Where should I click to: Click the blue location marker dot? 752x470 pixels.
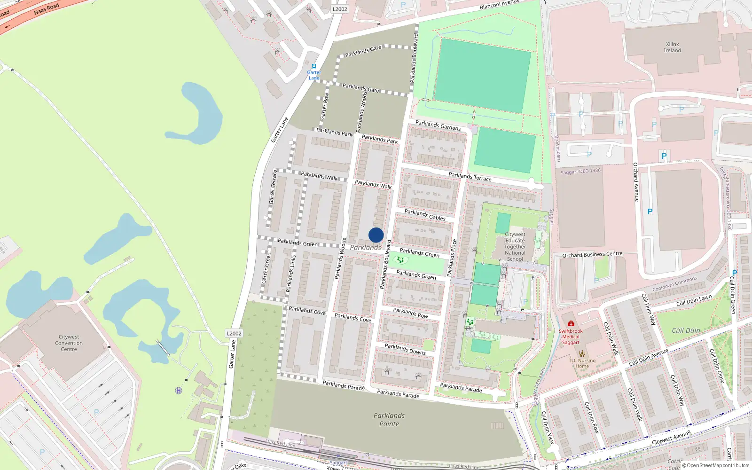376,235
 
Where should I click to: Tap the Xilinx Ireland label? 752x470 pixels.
672,47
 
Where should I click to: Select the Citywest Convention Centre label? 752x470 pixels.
69,343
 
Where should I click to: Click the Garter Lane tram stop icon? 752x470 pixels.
314,66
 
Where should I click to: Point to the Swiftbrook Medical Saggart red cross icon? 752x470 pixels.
571,323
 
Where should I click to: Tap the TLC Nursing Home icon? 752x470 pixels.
582,353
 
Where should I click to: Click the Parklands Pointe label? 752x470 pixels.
389,420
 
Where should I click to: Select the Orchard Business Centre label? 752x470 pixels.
592,255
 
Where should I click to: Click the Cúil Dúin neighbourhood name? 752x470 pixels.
686,330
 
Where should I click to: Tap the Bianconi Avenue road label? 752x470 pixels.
499,5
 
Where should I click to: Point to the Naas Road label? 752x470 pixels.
47,8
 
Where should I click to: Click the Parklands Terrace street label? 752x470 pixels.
470,177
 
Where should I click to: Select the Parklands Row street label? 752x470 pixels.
410,313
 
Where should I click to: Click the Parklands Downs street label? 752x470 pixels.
405,349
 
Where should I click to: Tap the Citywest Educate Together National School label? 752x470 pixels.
515,246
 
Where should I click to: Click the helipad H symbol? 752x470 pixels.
179,391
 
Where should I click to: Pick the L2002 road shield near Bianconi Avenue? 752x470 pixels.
339,9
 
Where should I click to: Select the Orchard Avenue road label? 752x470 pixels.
636,182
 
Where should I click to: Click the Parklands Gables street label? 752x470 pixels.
425,215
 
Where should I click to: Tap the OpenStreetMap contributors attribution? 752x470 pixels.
716,466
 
